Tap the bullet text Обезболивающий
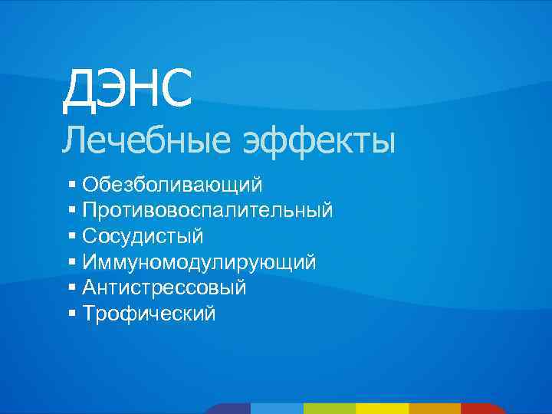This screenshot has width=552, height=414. (172, 185)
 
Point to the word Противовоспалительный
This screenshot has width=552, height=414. (208, 210)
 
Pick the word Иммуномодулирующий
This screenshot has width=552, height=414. (199, 262)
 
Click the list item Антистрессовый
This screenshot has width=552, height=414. (165, 288)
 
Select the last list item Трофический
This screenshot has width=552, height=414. (149, 314)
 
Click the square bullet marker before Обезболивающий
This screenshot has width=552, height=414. (71, 185)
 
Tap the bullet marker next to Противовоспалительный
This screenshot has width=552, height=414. (71, 210)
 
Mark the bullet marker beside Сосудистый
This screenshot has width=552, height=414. (71, 236)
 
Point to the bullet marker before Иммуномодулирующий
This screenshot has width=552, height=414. (71, 262)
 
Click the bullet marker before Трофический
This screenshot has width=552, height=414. (71, 314)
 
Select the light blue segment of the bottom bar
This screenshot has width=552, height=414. (277, 409)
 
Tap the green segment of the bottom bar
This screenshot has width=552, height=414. (330, 409)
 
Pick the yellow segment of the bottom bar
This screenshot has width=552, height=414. (383, 409)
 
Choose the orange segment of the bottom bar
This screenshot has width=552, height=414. (435, 409)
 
